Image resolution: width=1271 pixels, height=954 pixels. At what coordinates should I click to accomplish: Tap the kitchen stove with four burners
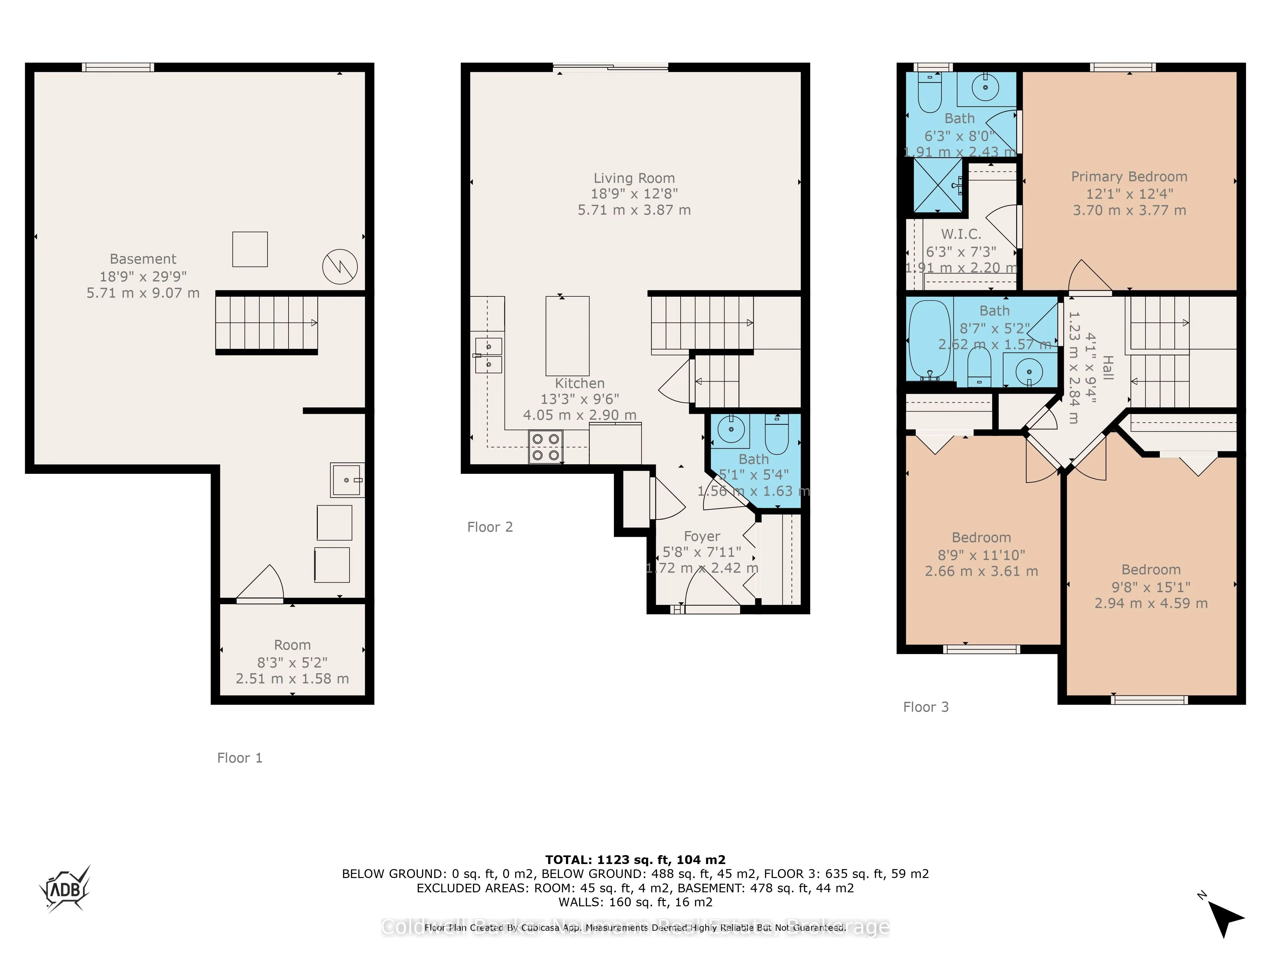point(545,447)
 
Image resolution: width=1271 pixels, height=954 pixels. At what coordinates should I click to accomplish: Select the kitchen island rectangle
point(567,336)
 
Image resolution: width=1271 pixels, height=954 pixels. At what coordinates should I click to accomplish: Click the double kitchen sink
point(488,356)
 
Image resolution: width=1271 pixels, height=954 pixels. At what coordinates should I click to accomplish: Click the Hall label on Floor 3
point(1108,368)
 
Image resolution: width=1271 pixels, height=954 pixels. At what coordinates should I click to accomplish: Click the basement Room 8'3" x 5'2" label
point(292,662)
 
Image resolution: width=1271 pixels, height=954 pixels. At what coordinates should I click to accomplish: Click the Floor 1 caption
point(240,758)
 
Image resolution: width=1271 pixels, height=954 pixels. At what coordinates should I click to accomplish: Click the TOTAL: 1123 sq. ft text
point(635,860)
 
